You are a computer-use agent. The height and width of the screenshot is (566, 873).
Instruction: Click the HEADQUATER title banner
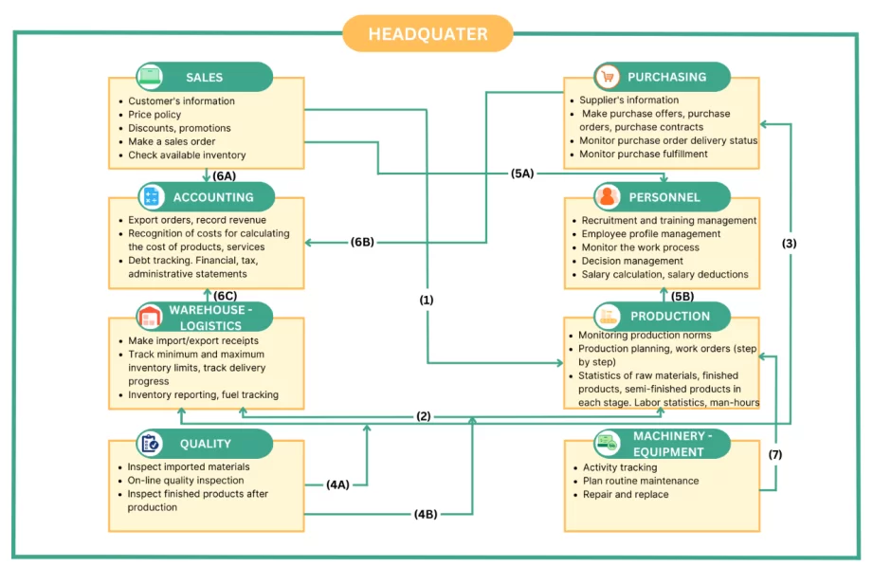427,34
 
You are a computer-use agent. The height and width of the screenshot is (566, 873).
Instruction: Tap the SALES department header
205,77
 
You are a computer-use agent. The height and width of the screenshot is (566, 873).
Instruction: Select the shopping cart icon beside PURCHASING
608,77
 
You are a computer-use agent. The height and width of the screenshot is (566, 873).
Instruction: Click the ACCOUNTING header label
213,197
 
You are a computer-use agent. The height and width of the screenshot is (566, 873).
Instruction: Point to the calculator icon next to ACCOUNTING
152,197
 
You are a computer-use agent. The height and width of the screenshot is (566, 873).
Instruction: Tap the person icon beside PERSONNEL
608,197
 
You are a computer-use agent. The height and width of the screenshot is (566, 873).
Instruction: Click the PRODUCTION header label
669,316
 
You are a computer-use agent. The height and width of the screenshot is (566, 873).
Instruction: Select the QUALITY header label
206,443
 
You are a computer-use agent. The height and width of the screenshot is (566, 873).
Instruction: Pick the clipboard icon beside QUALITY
151,443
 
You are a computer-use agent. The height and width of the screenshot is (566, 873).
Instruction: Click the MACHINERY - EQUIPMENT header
668,444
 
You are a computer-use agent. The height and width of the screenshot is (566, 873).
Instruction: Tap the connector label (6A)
225,176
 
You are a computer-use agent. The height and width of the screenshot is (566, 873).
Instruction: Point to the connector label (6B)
361,242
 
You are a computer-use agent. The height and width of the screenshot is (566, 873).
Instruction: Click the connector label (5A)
522,173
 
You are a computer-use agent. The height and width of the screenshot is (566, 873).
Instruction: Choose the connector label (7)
774,455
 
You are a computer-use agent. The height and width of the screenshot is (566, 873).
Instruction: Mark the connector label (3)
790,243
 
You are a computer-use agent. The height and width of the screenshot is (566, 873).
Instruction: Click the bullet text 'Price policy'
155,115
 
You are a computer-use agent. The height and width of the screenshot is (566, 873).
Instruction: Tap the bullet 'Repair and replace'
627,494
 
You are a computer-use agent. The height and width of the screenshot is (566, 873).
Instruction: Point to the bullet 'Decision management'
632,261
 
